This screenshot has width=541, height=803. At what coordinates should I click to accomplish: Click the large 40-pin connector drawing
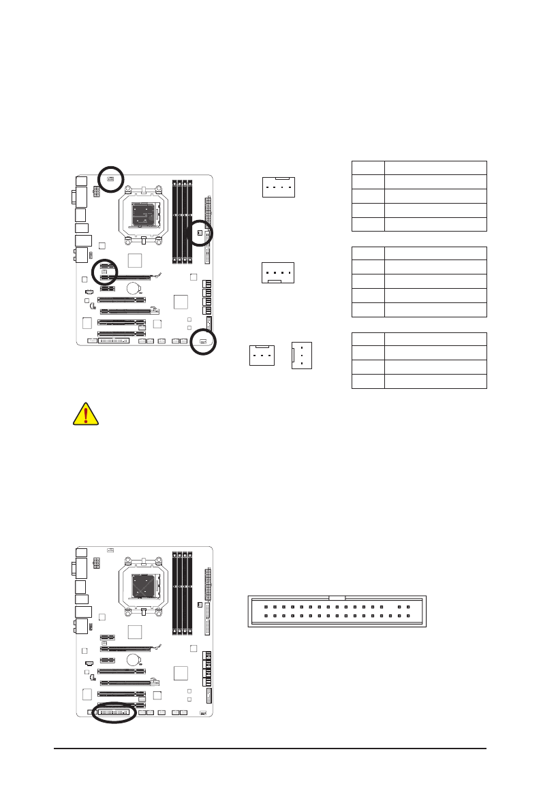(337, 610)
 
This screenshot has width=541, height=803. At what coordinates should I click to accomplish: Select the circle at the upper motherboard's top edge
(110, 178)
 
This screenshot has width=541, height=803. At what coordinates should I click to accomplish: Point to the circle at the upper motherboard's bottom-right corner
(203, 342)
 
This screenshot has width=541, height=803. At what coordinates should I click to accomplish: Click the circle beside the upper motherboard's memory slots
(200, 234)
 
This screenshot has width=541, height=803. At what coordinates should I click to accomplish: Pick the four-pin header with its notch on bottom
(277, 272)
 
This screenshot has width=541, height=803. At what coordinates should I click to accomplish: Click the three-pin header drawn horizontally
(260, 355)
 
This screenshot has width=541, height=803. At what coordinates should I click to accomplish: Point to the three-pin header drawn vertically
(301, 355)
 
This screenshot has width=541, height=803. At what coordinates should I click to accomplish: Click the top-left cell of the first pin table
(368, 168)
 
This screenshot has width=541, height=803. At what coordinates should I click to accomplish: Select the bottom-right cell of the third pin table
(435, 381)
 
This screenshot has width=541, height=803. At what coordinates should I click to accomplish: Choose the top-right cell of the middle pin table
(435, 253)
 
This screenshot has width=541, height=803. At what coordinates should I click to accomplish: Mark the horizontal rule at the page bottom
(270, 750)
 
